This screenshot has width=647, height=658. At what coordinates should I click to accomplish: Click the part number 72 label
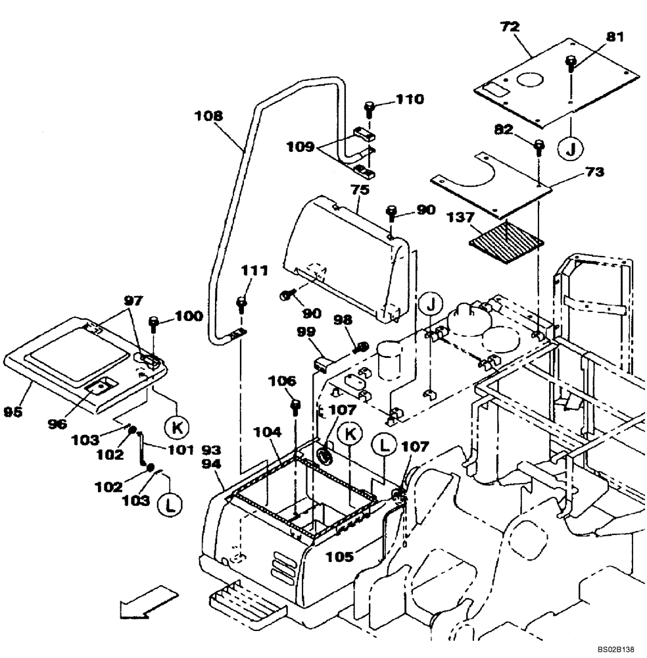pos(510,27)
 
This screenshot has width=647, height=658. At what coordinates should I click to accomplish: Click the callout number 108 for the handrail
pos(208,116)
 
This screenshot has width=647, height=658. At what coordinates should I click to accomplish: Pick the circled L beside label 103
pos(171,505)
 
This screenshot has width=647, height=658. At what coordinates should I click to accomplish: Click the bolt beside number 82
pos(539,145)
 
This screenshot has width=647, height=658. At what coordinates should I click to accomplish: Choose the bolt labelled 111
pos(242,304)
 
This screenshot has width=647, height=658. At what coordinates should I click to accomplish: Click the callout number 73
pos(593,172)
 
